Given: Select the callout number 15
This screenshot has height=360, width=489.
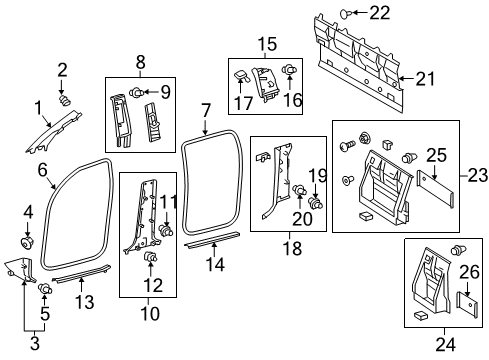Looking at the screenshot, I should [x=267, y=43].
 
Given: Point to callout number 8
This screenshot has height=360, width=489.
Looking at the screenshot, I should [x=139, y=61].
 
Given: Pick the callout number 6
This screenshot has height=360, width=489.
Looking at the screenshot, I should [x=43, y=169].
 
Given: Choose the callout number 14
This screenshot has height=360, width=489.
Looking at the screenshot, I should [x=212, y=264].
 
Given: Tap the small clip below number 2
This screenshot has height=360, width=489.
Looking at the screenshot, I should [x=65, y=98].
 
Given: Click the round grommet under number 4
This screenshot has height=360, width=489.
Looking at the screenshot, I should [x=27, y=243].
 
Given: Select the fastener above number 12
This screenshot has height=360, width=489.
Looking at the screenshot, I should [x=151, y=260].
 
